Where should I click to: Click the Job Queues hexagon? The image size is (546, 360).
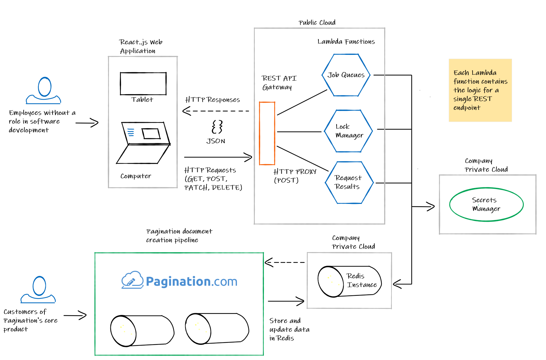pos(346,75)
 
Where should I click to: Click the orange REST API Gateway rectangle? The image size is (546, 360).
pos(267,133)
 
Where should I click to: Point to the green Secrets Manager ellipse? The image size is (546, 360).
pos(486,204)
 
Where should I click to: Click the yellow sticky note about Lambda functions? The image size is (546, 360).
pos(480,90)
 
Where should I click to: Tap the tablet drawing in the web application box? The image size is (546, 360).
pos(143,83)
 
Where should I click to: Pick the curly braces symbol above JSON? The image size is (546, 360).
pos(217,127)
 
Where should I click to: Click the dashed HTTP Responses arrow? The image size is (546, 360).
pos(215,111)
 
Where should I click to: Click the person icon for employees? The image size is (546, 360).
pos(44,91)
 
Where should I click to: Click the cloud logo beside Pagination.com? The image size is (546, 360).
pos(132,280)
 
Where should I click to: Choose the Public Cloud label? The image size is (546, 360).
pos(317,23)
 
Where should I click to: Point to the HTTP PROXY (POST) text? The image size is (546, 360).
pos(294,176)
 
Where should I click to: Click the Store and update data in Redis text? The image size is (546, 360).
pos(289,329)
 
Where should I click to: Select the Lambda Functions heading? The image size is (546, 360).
pos(346,41)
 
